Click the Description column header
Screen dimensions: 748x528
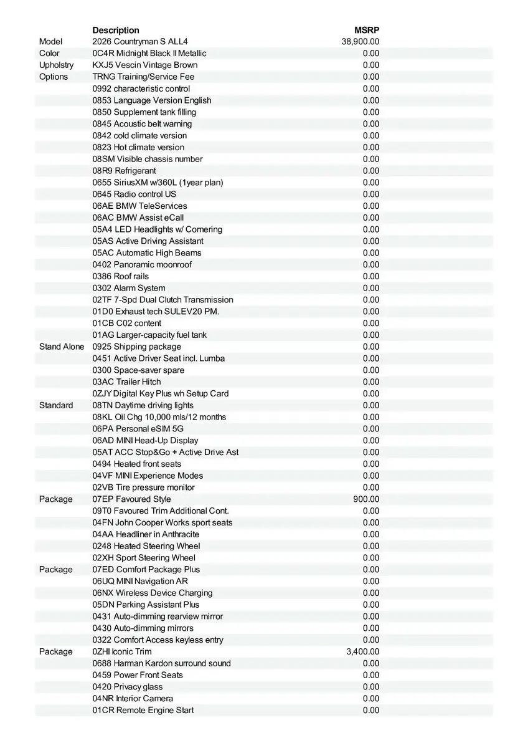(116, 30)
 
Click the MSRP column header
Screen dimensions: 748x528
(367, 30)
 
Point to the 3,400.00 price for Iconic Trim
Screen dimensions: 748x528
(362, 652)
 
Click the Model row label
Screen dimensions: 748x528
(50, 42)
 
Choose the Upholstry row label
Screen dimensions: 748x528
(56, 65)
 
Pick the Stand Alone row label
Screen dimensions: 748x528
(62, 347)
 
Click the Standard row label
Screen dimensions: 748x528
(56, 405)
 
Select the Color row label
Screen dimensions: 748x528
(49, 54)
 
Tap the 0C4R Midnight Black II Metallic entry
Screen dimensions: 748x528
(149, 54)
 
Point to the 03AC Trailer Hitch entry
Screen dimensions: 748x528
(126, 381)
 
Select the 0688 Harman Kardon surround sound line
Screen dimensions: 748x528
(161, 663)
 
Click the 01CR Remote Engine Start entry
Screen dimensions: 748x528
(143, 711)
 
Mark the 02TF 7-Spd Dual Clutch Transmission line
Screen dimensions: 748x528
(163, 300)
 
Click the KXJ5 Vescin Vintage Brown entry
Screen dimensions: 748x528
(145, 65)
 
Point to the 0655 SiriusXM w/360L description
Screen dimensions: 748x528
(158, 183)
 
